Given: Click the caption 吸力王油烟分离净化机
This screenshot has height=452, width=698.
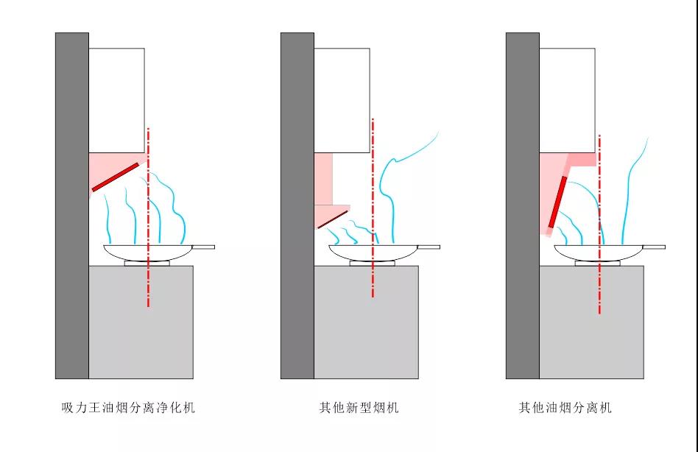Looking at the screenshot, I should [x=128, y=407].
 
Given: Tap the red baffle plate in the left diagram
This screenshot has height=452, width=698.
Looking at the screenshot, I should [x=116, y=177].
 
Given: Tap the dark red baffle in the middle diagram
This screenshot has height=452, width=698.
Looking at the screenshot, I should [x=333, y=219].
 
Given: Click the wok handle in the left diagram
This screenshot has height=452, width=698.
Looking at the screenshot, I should [x=205, y=247].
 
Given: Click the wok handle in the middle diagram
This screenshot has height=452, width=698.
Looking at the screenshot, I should [x=431, y=247].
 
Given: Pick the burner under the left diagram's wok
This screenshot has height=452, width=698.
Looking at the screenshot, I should [x=147, y=263].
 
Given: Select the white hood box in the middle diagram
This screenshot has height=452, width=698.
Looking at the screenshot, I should [x=342, y=99].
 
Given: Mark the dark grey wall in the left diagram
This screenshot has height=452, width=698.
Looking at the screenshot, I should [x=71, y=206].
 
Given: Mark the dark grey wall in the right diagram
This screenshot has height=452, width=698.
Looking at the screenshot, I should [x=522, y=206].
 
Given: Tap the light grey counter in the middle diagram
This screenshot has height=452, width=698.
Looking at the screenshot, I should [x=366, y=324].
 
